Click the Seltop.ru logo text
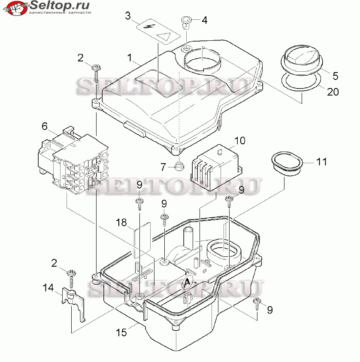coord(60,5)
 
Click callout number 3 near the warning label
coord(128,16)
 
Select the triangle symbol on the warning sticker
coord(164,36)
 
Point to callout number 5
coord(335,76)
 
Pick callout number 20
coord(333,91)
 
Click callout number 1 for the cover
coord(130,58)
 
